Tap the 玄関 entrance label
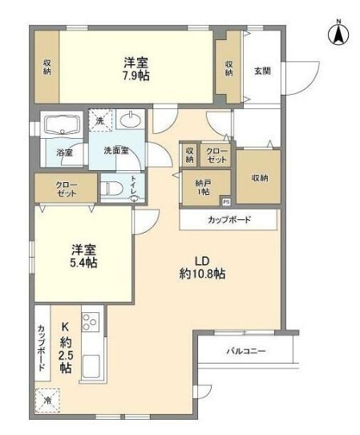(262, 71)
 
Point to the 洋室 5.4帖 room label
(82, 255)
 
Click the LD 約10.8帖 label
(200, 266)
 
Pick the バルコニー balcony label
(245, 351)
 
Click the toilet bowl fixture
(112, 189)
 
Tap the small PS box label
(226, 202)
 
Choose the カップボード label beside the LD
(229, 219)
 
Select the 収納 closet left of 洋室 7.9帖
(47, 68)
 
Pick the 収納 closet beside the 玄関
(229, 68)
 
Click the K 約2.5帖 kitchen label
(66, 347)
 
